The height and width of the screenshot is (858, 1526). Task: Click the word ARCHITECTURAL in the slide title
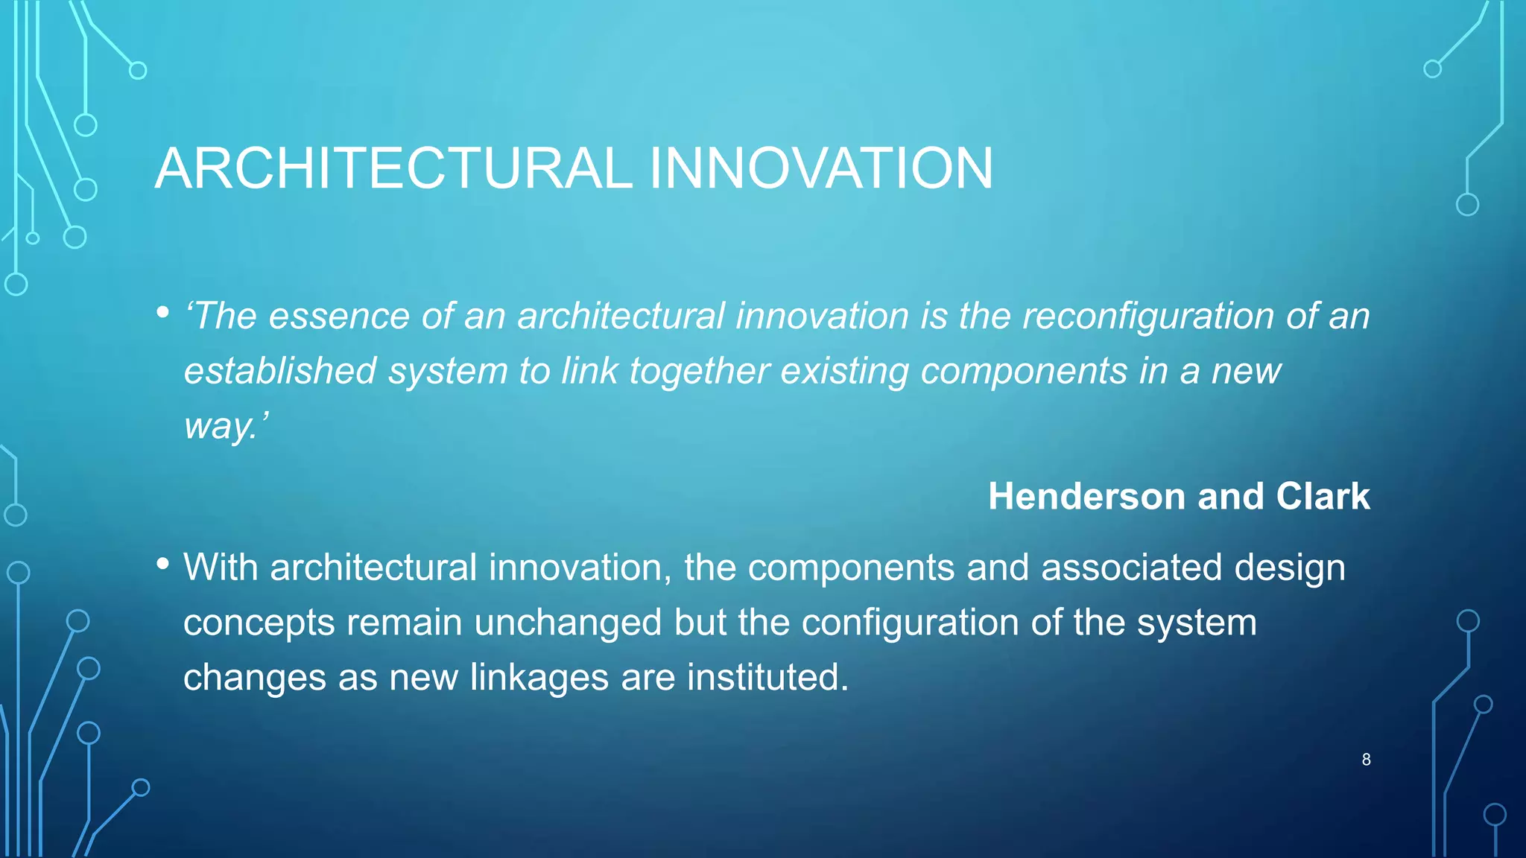[x=393, y=168]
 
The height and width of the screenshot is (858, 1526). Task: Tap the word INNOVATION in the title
[x=821, y=168]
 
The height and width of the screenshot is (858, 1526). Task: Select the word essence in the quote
[x=339, y=317]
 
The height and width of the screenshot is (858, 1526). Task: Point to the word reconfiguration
[x=1147, y=317]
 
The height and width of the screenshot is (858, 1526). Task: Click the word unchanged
[x=568, y=623]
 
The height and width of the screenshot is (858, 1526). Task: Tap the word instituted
[x=767, y=678]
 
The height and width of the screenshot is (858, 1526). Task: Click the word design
[x=1290, y=569]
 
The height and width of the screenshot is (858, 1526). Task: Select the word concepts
[x=259, y=624]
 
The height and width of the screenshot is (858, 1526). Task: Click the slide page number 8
[x=1366, y=760]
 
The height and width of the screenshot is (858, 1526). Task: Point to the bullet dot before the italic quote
[x=163, y=313]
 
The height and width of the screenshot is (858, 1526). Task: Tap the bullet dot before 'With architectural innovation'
[x=163, y=564]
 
